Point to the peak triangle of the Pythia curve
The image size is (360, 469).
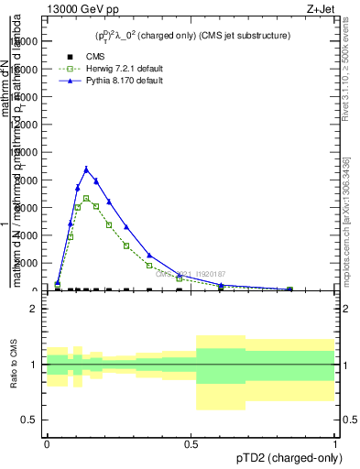click(86, 169)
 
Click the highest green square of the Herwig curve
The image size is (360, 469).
click(86, 198)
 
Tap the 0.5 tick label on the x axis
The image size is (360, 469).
click(191, 442)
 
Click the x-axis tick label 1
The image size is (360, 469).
click(334, 442)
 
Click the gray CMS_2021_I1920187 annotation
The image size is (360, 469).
click(191, 273)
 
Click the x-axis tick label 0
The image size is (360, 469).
click(47, 442)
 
